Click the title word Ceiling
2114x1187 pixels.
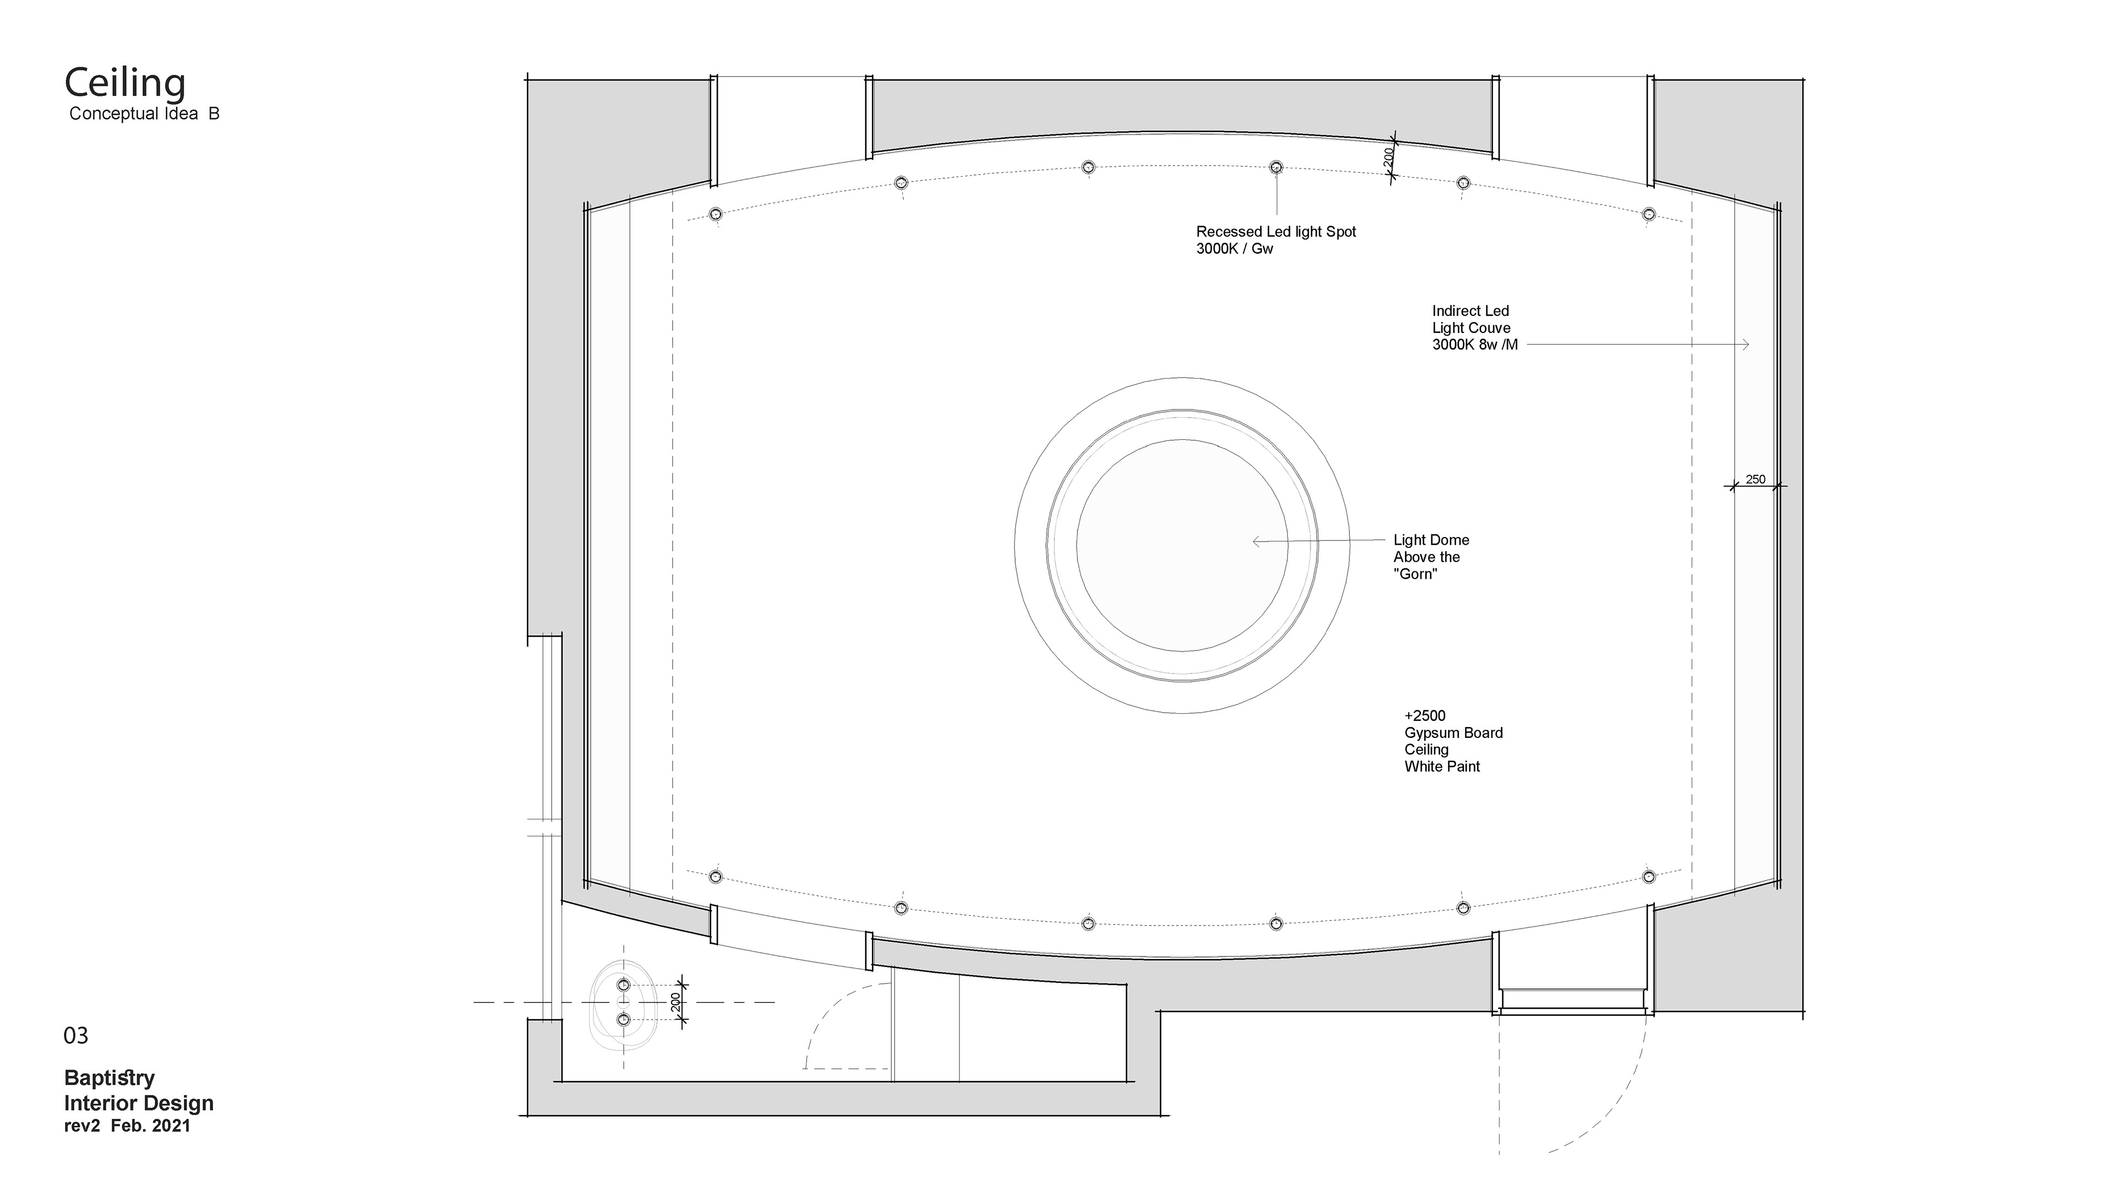point(125,84)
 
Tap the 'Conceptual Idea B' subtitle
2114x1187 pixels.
point(144,114)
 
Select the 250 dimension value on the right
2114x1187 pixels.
point(1756,479)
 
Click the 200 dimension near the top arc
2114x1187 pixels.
point(1388,157)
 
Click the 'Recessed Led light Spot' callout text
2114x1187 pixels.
point(1276,232)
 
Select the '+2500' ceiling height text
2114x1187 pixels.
point(1425,715)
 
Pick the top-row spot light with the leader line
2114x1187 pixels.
point(1276,167)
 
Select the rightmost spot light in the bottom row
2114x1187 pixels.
point(1649,877)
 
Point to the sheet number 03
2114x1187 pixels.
point(75,1036)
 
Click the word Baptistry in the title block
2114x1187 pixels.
point(109,1078)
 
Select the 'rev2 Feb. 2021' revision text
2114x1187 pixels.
point(127,1126)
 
